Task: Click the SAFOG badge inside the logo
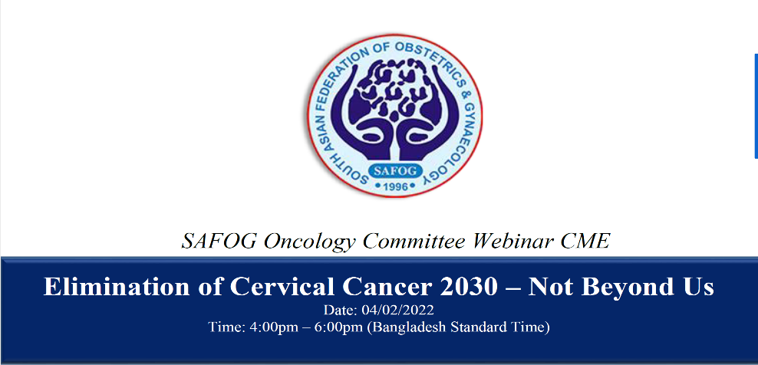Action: pos(395,171)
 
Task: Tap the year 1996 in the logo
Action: pos(395,186)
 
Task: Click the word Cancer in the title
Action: pos(385,287)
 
